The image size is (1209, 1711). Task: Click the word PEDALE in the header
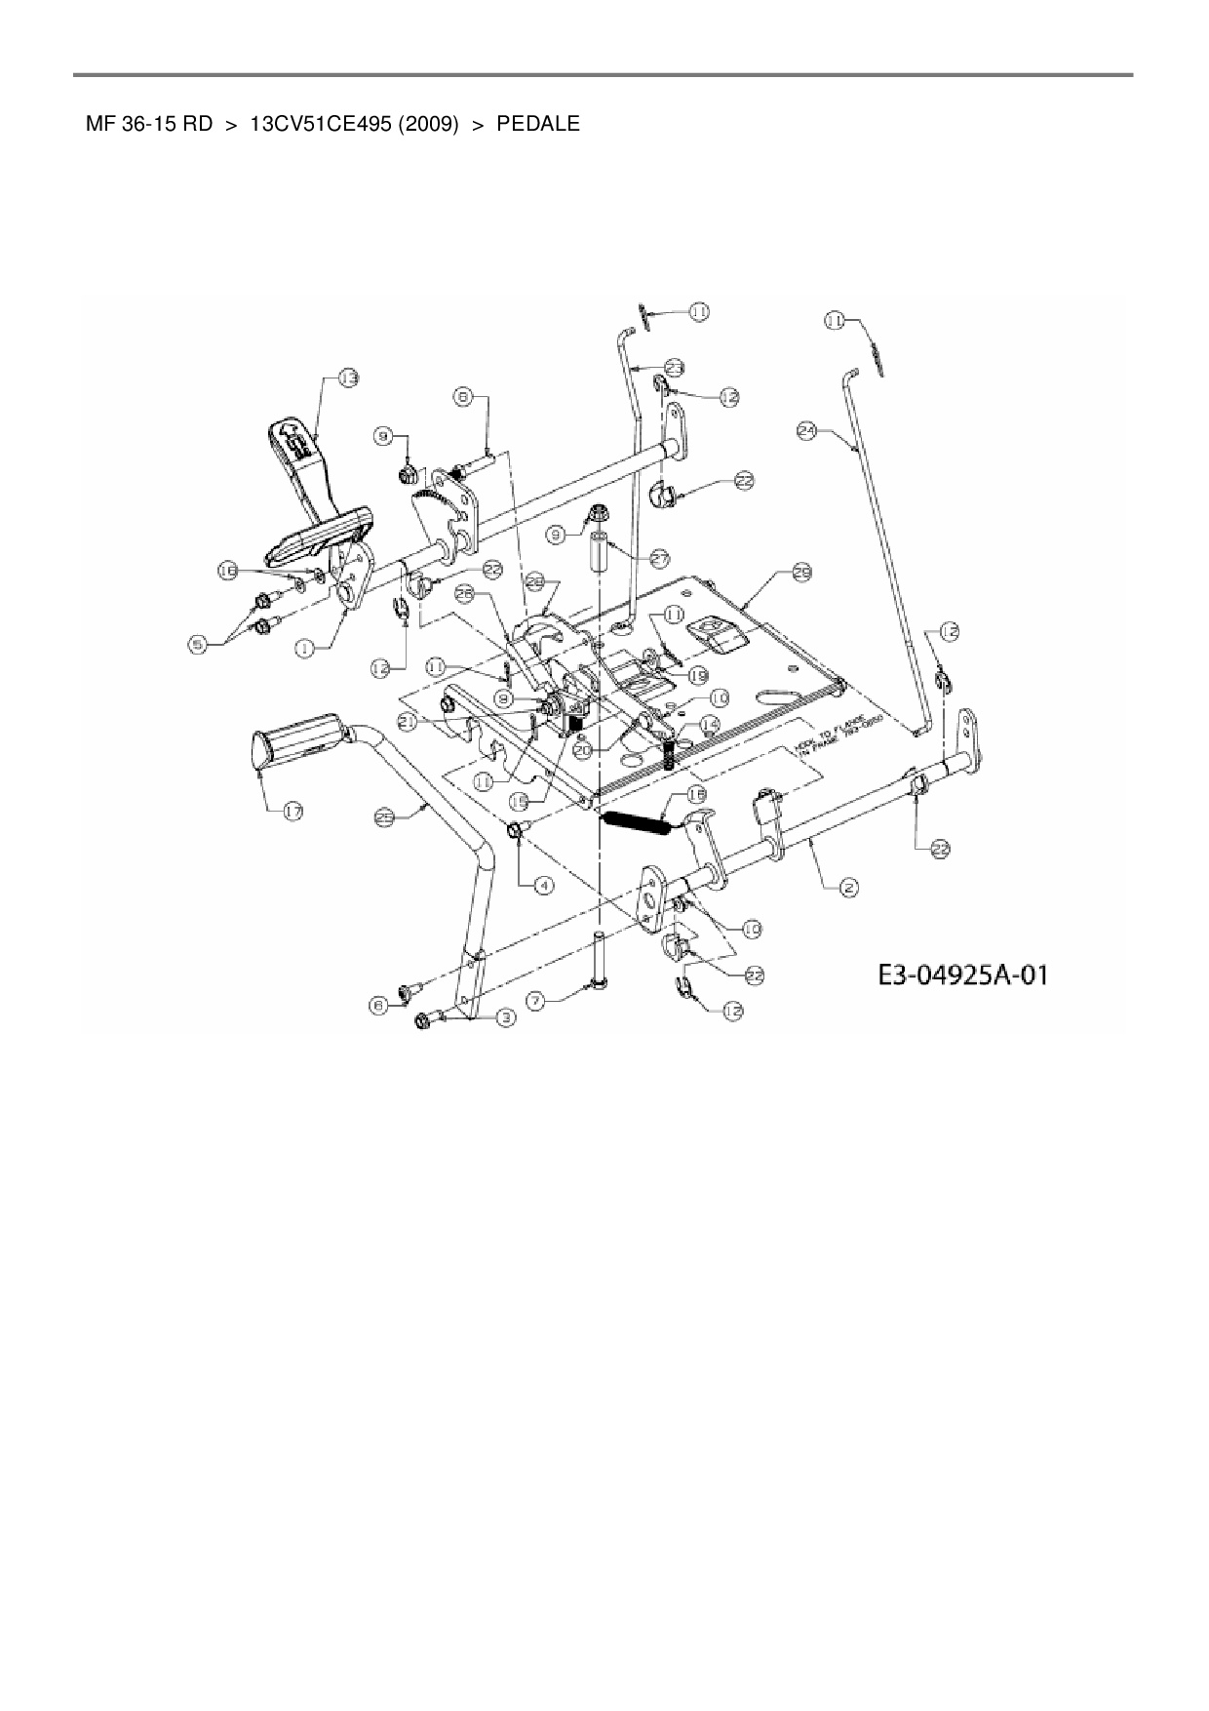click(x=537, y=124)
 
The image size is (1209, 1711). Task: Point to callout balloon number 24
click(x=807, y=433)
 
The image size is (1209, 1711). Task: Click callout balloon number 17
click(x=292, y=811)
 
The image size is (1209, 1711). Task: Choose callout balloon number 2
click(x=848, y=887)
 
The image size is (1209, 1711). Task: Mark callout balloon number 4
click(x=542, y=885)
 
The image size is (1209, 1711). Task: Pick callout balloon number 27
click(x=660, y=559)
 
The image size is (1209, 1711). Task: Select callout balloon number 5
click(x=200, y=645)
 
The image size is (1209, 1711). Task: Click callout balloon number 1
click(x=306, y=645)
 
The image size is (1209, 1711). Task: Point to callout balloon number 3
click(x=505, y=1017)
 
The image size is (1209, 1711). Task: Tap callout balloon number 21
click(x=409, y=720)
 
